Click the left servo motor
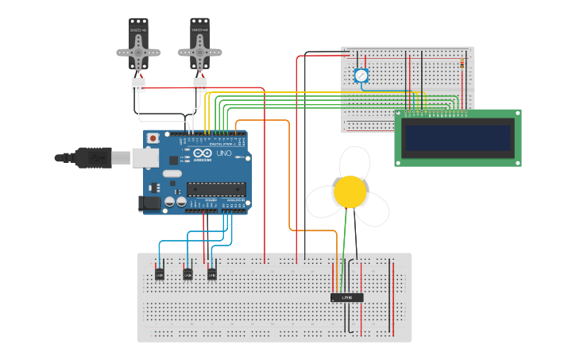pos(138,48)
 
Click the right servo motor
pos(199,48)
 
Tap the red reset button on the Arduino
pos(153,138)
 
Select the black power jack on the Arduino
pos(150,203)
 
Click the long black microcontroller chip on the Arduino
pos(215,188)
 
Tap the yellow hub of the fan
pos(350,192)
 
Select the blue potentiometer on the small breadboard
pos(361,75)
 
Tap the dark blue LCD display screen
pos(458,137)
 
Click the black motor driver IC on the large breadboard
pos(346,297)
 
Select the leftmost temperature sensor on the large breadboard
pos(160,274)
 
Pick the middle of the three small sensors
pos(187,274)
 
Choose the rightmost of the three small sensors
pos(212,274)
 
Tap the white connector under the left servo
pos(139,84)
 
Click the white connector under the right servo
pos(199,84)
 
